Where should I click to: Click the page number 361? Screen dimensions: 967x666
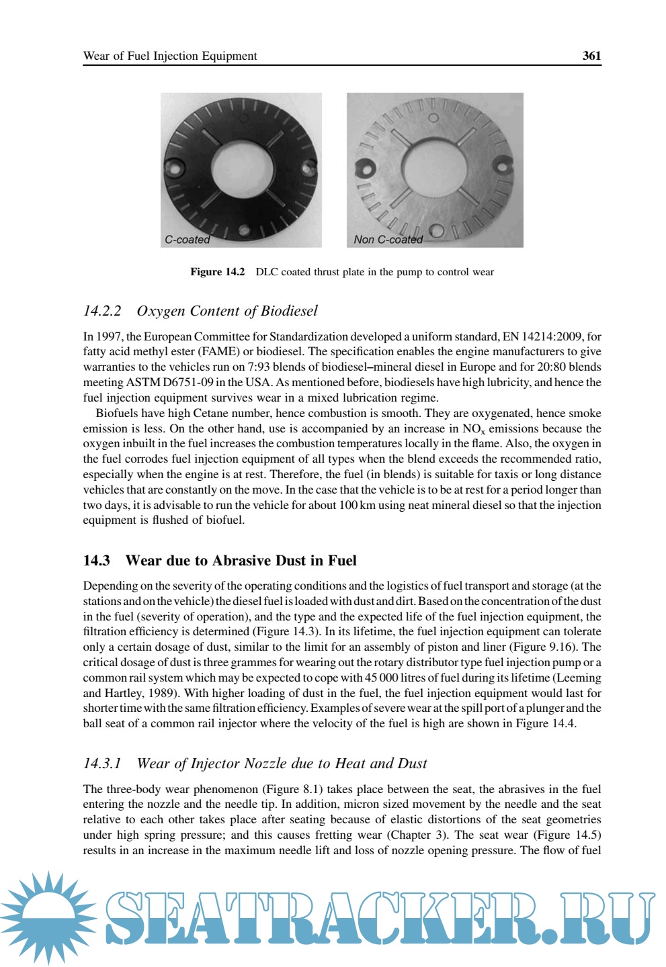pos(591,56)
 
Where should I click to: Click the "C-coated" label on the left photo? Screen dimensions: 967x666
pos(187,240)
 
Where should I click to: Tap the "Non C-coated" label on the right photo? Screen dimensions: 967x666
pos(388,240)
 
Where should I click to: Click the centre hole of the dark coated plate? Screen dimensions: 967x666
pos(241,169)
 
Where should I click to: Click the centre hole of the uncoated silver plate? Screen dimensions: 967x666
pos(434,168)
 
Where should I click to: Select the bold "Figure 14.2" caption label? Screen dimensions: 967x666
pos(217,272)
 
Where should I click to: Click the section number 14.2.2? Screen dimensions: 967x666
pos(102,311)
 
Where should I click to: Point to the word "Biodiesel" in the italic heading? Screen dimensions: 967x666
pos(289,311)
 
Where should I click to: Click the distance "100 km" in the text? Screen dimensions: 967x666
pos(357,505)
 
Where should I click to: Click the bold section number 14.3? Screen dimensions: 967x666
pos(96,561)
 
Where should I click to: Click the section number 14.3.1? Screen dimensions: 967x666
pos(102,764)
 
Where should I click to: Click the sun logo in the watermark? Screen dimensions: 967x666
pos(48,917)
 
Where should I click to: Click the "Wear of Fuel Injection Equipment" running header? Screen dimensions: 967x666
pos(170,56)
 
